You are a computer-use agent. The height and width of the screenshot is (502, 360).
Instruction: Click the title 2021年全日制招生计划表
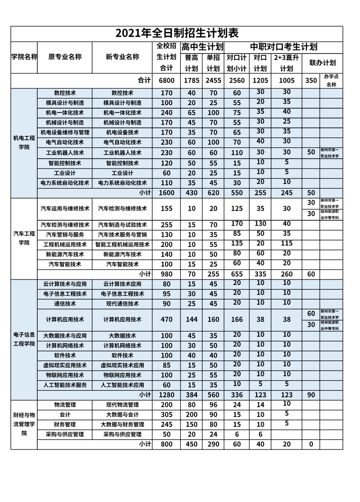[177, 34]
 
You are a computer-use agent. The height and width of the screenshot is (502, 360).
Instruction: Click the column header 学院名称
[24, 57]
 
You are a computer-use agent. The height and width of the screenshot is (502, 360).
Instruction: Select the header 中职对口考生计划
[284, 47]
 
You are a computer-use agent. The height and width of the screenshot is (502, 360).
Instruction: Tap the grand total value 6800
[166, 80]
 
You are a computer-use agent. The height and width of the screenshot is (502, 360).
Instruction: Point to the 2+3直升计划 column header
[286, 63]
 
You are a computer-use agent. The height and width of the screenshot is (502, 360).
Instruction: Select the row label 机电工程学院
[24, 143]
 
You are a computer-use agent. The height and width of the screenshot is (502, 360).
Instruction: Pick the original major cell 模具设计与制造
[65, 103]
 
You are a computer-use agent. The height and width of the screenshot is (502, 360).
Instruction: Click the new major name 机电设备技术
[122, 133]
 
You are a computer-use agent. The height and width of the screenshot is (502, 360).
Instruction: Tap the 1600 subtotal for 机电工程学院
[166, 193]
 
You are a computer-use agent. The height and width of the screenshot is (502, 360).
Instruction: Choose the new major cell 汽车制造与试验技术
[122, 225]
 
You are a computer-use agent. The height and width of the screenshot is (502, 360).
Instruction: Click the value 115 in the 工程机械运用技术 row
[286, 244]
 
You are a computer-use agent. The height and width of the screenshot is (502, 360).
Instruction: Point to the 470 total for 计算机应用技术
[166, 319]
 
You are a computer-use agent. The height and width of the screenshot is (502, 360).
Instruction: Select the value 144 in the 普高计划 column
[192, 319]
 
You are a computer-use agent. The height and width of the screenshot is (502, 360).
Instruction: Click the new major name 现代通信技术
[122, 304]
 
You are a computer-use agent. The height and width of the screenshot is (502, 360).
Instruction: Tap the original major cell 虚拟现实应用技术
[65, 365]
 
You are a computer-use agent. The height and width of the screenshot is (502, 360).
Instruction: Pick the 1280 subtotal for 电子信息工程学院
[166, 395]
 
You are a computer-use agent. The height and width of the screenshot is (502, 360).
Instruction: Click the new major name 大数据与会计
[122, 415]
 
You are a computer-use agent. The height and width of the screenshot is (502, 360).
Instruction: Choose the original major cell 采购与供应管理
[65, 434]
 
